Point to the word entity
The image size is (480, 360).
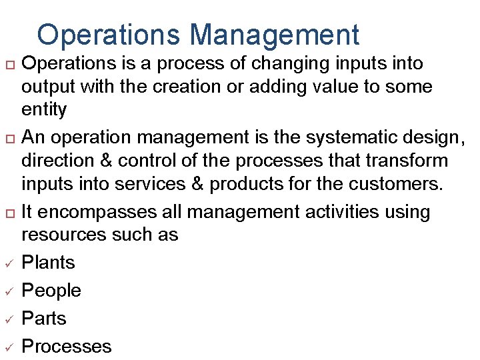[44, 109]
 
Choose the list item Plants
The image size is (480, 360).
[48, 263]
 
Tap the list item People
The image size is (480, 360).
[51, 291]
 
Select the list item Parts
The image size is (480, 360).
[44, 319]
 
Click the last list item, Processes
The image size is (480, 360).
[67, 347]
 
